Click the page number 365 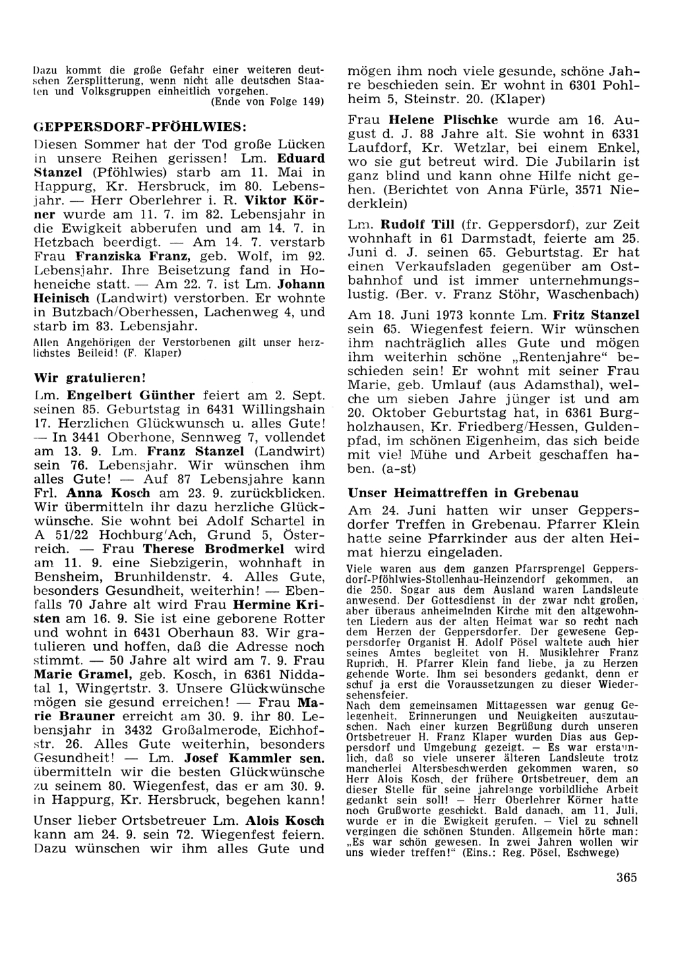tap(626, 877)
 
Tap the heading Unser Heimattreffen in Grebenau tap(462, 493)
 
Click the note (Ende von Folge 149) tap(268, 102)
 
